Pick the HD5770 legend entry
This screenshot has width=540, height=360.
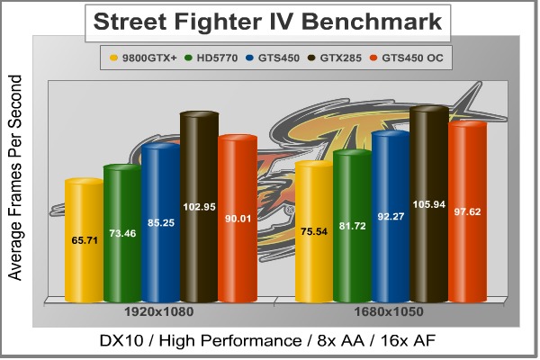pyautogui.click(x=206, y=59)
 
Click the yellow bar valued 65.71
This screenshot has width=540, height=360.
pyautogui.click(x=84, y=240)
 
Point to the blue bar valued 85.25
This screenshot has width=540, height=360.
pyautogui.click(x=161, y=223)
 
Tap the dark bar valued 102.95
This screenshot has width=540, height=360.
pyautogui.click(x=200, y=207)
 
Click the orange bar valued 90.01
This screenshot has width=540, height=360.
pyautogui.click(x=238, y=219)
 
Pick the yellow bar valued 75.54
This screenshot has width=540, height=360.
pyautogui.click(x=314, y=231)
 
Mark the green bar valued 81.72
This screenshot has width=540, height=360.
pyautogui.click(x=352, y=226)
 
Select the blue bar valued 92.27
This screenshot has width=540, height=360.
pyautogui.click(x=391, y=216)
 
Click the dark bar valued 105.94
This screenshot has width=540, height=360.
pyautogui.click(x=429, y=204)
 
